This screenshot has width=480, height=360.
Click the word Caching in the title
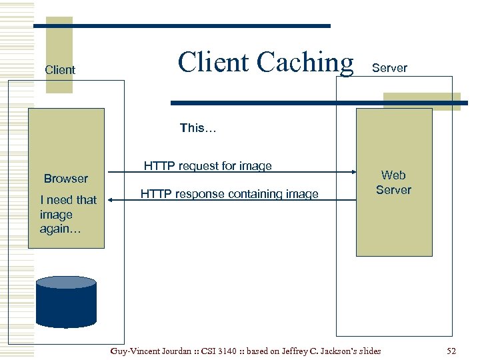pyautogui.click(x=305, y=62)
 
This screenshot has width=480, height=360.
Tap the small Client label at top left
pyautogui.click(x=60, y=70)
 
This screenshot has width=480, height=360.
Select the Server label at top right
pyautogui.click(x=389, y=68)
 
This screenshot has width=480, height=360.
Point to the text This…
pyautogui.click(x=198, y=128)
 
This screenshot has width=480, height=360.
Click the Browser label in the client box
pyautogui.click(x=66, y=179)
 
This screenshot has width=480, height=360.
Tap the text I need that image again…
pyautogui.click(x=67, y=214)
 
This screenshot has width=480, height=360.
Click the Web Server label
pyautogui.click(x=393, y=183)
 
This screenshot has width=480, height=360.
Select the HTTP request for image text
pyautogui.click(x=208, y=166)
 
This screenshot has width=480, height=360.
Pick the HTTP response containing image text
pyautogui.click(x=229, y=194)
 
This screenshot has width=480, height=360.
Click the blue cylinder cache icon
pyautogui.click(x=66, y=301)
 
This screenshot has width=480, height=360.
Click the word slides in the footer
pyautogui.click(x=368, y=351)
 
